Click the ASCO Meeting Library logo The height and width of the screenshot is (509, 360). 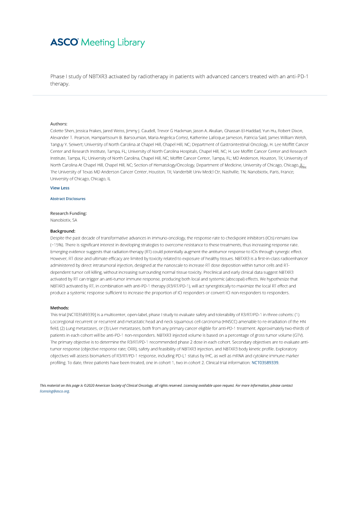point(97,43)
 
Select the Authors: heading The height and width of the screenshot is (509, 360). point(58,124)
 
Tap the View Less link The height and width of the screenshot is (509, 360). point(60,188)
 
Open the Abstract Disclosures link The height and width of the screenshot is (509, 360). point(67,199)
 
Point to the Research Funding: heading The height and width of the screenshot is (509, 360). point(68,213)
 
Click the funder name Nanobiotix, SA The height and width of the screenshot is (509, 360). point(63,220)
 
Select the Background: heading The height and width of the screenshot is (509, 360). point(63,231)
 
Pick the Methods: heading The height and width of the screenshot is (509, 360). point(60,308)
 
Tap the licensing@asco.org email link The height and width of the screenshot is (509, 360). point(54,391)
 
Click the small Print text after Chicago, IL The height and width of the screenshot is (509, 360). point(303,167)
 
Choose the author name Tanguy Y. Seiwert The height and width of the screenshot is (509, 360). point(67,144)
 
